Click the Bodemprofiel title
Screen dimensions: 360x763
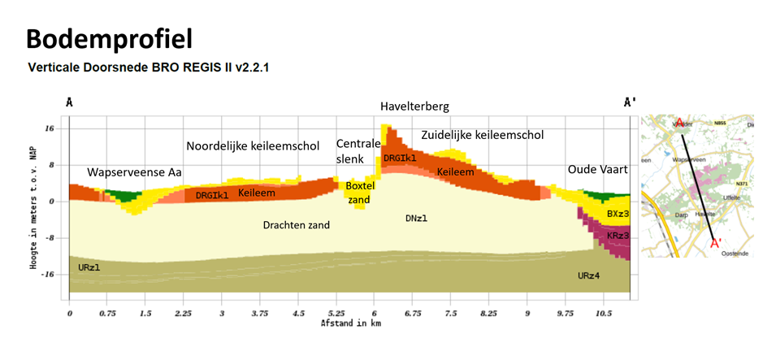pos(109,38)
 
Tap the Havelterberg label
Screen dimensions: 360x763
pos(414,106)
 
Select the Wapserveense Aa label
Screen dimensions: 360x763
pos(135,173)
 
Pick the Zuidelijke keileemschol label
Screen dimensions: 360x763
pos(482,135)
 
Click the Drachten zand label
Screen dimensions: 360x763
pos(297,224)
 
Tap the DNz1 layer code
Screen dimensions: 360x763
pos(417,218)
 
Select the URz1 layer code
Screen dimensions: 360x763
pos(89,267)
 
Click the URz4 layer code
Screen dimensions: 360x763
pos(589,276)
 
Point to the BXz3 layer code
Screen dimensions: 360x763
pos(617,214)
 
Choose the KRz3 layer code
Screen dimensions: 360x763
pos(617,236)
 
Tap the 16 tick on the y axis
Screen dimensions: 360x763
pos(50,128)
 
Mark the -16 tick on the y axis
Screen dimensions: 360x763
pos(48,275)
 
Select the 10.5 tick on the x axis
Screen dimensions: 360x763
pos(603,313)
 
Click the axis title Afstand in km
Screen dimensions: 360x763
pos(351,323)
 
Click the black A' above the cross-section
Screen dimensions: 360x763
pos(629,103)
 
